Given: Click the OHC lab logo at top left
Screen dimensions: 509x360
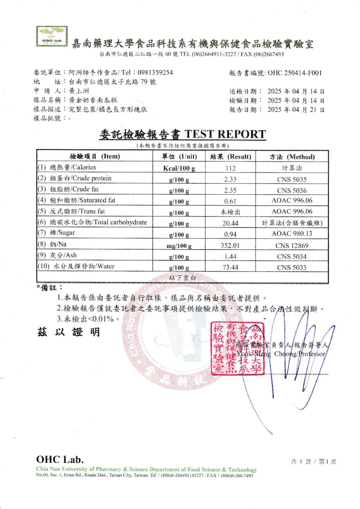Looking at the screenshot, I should (52, 37).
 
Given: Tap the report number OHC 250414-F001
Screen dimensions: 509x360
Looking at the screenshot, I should (294, 73).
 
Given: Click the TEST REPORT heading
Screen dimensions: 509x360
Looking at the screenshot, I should (225, 134).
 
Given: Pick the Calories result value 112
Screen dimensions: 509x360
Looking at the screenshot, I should (230, 168).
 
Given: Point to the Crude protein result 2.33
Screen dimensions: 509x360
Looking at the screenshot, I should (230, 179).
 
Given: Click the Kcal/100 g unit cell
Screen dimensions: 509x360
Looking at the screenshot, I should (179, 168).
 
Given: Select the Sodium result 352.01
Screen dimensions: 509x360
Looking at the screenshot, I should (230, 245).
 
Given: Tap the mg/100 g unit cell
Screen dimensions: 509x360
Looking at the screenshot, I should (179, 246).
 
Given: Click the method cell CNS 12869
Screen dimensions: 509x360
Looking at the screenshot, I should (292, 245).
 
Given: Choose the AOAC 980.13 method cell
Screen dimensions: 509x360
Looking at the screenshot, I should (292, 233).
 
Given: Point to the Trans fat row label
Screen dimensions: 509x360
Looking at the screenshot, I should (77, 211).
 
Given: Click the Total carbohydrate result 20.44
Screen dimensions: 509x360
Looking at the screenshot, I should (230, 223).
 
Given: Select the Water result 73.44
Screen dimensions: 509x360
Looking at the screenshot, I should (230, 267).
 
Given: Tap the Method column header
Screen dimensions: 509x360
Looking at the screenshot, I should (292, 157).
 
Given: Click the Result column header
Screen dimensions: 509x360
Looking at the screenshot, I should (231, 157).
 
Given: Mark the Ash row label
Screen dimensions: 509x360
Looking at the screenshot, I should (63, 255).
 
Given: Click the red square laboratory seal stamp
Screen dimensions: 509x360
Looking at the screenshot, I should (238, 348).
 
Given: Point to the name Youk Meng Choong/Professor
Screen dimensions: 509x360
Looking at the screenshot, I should (281, 354).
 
